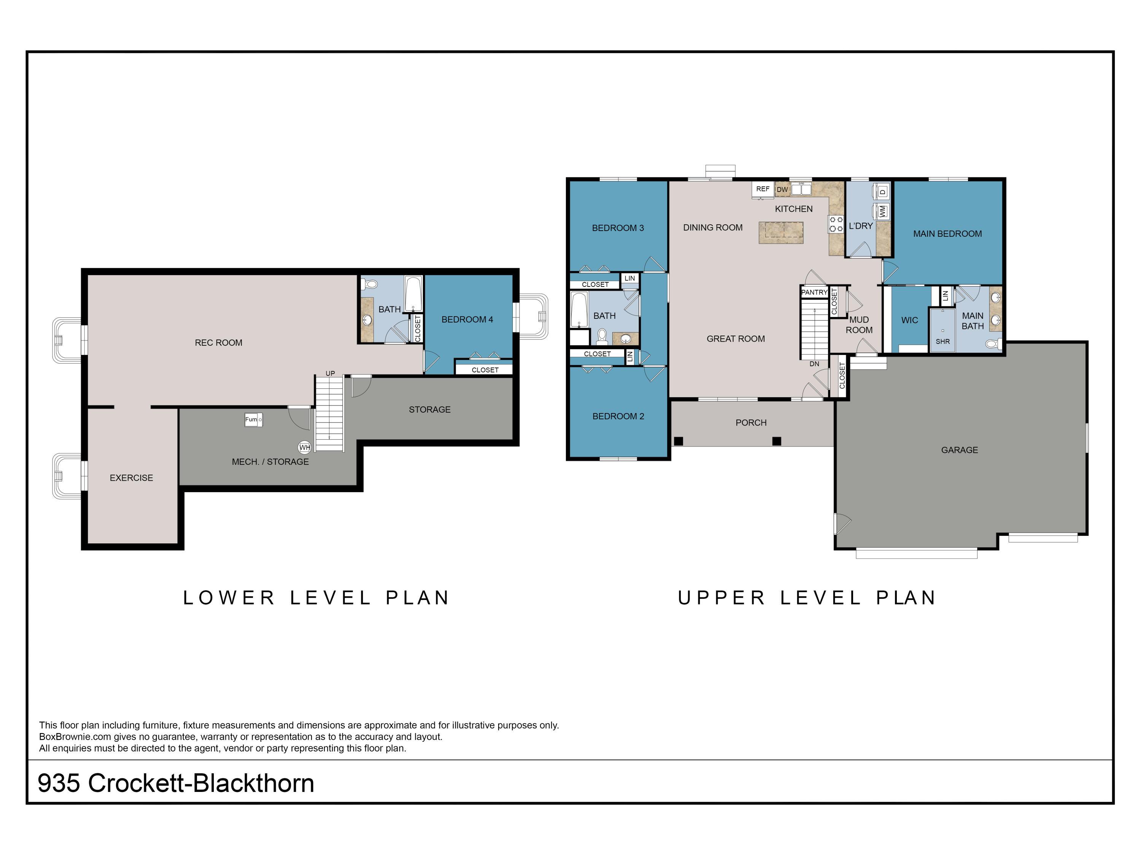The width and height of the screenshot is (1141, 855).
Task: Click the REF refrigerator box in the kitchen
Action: tap(763, 189)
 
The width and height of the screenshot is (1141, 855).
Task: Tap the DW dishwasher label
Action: tap(782, 190)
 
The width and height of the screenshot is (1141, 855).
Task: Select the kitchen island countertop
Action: tap(781, 233)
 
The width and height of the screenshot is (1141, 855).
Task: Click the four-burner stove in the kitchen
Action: tap(836, 224)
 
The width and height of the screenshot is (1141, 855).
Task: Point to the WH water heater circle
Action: tap(304, 447)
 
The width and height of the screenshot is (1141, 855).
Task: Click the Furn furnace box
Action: tap(253, 420)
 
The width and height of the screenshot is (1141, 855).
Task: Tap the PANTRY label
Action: tap(814, 292)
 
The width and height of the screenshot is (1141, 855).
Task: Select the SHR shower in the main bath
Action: tap(942, 330)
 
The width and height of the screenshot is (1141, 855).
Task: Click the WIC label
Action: tap(909, 320)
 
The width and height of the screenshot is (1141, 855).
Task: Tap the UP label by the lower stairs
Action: tap(330, 373)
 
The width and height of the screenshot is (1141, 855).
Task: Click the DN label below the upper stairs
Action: tap(814, 364)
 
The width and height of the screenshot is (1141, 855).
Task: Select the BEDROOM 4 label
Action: tap(467, 320)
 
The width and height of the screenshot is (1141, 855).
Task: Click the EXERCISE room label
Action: tap(131, 478)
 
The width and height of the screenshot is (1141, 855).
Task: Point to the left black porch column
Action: tap(678, 441)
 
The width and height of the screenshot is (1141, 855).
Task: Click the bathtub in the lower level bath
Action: tap(413, 294)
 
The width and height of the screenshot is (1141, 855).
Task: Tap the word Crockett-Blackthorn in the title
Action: tap(201, 783)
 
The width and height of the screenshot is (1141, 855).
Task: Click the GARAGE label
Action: tap(959, 450)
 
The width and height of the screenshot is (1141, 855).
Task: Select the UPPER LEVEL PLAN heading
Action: tap(807, 598)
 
